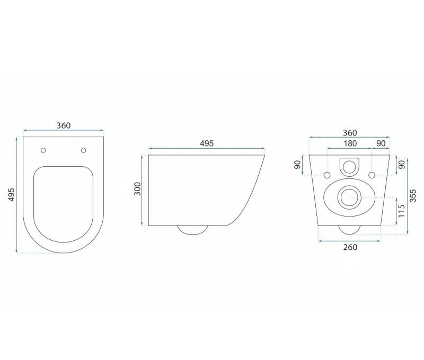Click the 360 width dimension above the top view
pyautogui.click(x=63, y=125)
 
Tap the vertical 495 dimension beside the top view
pyautogui.click(x=11, y=194)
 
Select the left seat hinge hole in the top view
pyautogui.click(x=43, y=150)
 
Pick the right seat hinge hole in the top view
pyautogui.click(x=84, y=150)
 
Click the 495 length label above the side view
pyautogui.click(x=207, y=143)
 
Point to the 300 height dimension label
pyautogui.click(x=138, y=189)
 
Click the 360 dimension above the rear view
pyautogui.click(x=350, y=133)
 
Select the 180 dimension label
pyautogui.click(x=350, y=143)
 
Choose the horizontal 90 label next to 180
pyautogui.click(x=381, y=143)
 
